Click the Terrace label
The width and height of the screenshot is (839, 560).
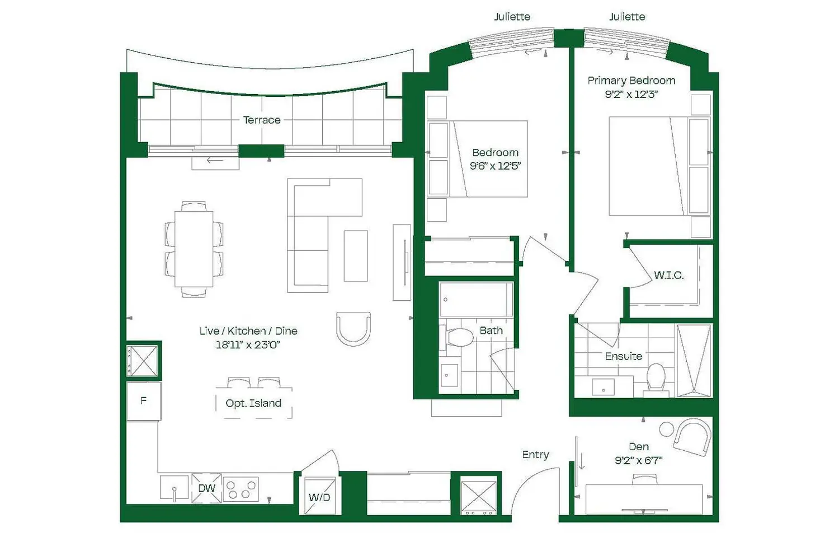(261, 120)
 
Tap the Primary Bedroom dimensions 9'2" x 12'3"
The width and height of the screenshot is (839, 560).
(631, 94)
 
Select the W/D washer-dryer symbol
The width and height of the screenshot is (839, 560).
(319, 496)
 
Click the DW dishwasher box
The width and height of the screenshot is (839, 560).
(206, 488)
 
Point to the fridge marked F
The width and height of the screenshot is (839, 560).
(144, 401)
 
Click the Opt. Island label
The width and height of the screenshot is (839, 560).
(253, 403)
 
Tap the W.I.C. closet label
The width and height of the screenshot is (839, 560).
(668, 276)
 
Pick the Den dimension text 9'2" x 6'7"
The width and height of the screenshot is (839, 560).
(639, 460)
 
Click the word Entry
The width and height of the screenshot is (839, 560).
(536, 455)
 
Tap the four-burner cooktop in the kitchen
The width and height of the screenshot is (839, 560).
(241, 489)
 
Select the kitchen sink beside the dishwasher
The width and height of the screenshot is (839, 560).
(174, 488)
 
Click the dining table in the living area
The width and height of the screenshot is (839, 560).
(194, 249)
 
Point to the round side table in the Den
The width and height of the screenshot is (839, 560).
(666, 429)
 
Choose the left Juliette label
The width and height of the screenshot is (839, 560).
(512, 17)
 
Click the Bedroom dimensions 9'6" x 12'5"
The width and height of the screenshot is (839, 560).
(495, 166)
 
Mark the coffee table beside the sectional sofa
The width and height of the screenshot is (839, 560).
(356, 256)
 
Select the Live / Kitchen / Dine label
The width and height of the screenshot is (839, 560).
(248, 331)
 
